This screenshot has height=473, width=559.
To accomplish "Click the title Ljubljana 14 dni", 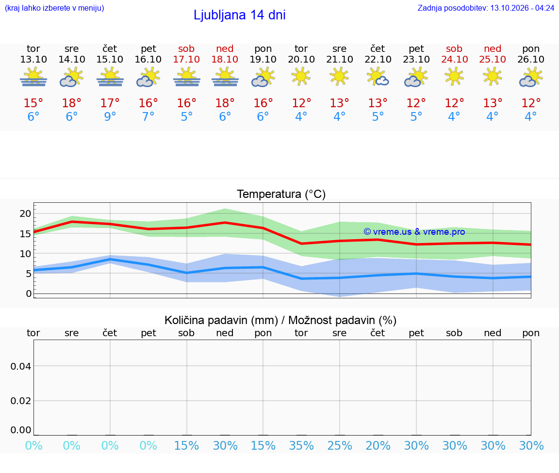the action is pos(240,16).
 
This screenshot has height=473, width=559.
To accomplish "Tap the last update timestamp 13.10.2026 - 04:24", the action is pos(522,8).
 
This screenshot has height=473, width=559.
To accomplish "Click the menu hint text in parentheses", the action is pos(54,8).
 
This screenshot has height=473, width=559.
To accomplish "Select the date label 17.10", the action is pos(186,59).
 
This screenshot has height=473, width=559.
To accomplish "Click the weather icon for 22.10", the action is pos(378,77).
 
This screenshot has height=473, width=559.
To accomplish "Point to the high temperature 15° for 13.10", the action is pos(33,103).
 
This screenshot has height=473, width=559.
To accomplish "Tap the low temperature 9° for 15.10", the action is pos(110,116).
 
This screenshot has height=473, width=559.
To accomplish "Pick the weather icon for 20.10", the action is pos(301,77).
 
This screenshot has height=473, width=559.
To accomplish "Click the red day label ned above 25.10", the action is pos(493,49).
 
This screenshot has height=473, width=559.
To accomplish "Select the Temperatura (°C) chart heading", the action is pos(281,194).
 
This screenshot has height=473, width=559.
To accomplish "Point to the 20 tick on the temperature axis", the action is pos(25,213).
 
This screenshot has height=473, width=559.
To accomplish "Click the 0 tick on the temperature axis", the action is pos(29,294).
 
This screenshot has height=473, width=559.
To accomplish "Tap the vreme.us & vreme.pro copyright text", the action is pos(414,232).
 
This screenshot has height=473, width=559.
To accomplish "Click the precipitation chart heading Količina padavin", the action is pos(221,320).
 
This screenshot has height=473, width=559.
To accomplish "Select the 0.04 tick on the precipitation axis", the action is pos(21,366).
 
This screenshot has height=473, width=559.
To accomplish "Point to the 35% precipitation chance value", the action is pos(301,445).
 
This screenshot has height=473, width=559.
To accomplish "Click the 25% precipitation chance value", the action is pos(340,445).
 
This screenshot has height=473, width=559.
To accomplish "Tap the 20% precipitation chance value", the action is pos(378,445).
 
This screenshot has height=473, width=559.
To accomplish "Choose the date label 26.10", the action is pos(531,59).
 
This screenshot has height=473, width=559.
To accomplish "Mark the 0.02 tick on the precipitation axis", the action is pos(21,401).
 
